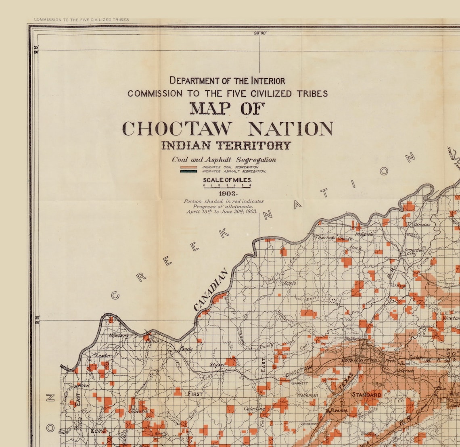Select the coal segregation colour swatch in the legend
point(188,167)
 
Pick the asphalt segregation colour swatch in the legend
point(188,171)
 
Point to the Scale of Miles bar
point(227,186)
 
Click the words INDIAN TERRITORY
point(226,146)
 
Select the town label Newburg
point(118,336)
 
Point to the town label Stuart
point(217,365)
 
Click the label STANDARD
point(366,395)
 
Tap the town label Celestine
point(255,409)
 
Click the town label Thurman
point(326,238)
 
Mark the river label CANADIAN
point(211,290)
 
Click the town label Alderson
point(404,370)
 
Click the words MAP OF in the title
point(227,109)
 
